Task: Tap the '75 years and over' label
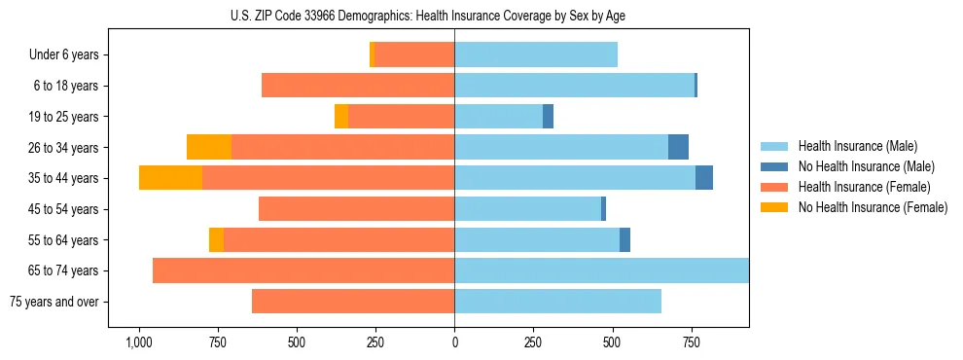click(54, 302)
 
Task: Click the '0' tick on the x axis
click(454, 342)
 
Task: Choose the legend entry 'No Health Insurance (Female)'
click(873, 207)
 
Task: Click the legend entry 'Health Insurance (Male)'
click(857, 146)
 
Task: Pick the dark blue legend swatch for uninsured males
click(774, 166)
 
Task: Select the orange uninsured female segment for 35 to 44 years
click(170, 178)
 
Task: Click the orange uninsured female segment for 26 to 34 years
click(209, 147)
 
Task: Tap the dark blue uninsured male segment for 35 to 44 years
click(704, 178)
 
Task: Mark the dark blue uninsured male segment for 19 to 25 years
click(548, 117)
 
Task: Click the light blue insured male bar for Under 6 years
click(536, 55)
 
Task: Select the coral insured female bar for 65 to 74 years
click(303, 270)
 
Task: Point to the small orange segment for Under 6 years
click(372, 55)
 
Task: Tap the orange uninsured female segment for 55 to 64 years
click(216, 239)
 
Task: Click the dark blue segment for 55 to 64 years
click(624, 239)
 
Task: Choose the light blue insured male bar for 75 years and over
click(557, 302)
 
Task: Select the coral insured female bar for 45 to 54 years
click(356, 209)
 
